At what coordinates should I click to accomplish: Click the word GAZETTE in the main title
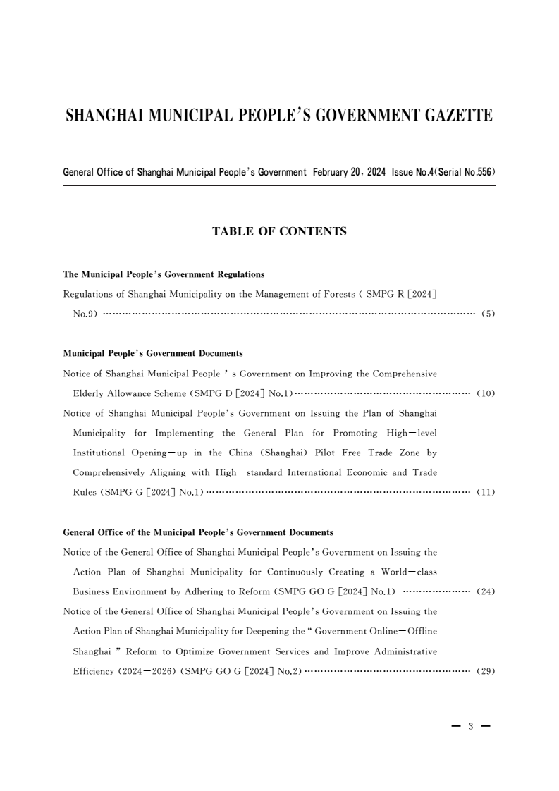coord(454,116)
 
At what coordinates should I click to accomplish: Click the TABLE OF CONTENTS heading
coord(279,231)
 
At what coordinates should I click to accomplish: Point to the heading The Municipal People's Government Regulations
coord(164,274)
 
